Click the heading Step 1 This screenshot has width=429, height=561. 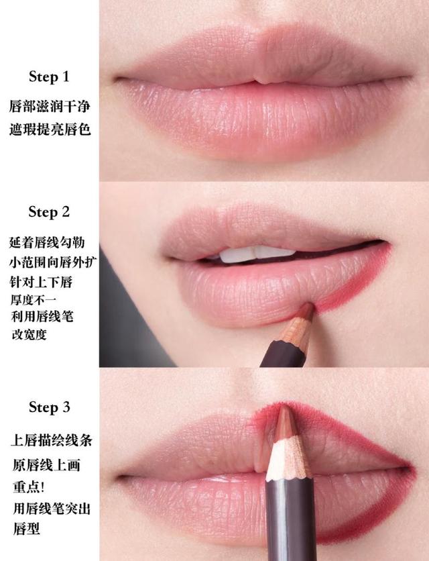pyautogui.click(x=48, y=77)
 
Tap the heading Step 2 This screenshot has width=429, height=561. pyautogui.click(x=48, y=212)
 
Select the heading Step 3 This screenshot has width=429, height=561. pyautogui.click(x=48, y=407)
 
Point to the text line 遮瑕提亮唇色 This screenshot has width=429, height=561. pyautogui.click(x=50, y=129)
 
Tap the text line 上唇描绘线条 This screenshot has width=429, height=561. pyautogui.click(x=51, y=441)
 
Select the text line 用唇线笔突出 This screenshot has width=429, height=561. pyautogui.click(x=51, y=508)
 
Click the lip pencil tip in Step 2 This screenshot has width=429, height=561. pyautogui.click(x=306, y=309)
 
